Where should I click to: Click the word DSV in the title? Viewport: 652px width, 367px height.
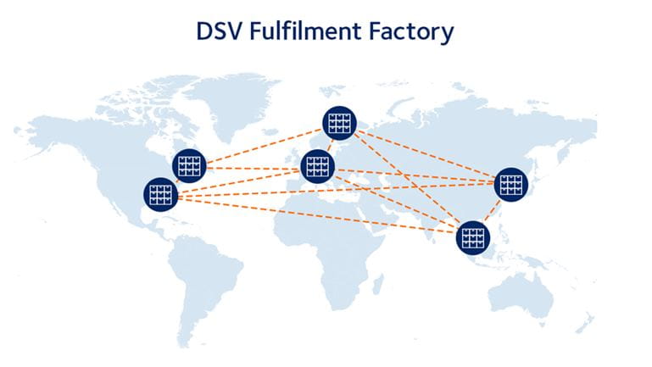coord(218,31)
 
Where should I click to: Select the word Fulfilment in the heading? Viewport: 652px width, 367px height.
coord(305,31)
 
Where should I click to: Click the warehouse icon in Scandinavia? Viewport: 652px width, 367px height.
coord(339,123)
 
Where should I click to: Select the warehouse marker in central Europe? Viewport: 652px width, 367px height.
coord(318,166)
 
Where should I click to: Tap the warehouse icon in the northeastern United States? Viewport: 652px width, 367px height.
coord(189,166)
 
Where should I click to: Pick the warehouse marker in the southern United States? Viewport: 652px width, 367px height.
coord(160,194)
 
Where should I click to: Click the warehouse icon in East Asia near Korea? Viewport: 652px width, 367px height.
coord(511,185)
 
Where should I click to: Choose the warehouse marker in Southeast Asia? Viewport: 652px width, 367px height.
coord(473,237)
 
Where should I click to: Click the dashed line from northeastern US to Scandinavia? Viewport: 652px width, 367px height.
coord(265,146)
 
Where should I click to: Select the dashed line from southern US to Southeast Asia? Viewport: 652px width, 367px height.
coord(317,215)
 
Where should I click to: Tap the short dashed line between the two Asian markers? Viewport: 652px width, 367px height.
coord(492,211)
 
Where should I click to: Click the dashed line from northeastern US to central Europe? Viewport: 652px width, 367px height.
coord(254,169)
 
